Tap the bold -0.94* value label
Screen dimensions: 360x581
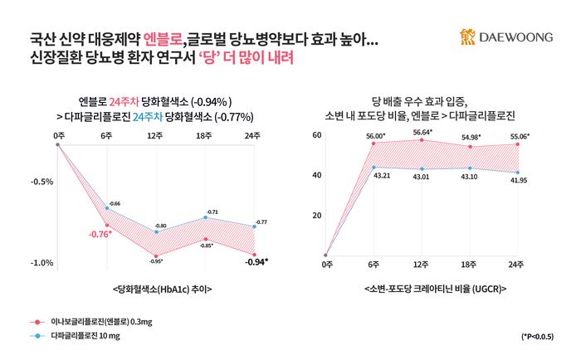click(x=255, y=263)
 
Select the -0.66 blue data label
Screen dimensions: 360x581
click(x=115, y=203)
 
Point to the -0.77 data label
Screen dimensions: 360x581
click(x=261, y=222)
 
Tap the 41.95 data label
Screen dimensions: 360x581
click(x=519, y=180)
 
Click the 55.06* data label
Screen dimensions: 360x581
click(x=519, y=134)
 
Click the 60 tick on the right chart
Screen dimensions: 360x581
click(x=316, y=134)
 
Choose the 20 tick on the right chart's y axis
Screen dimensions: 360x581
click(x=316, y=216)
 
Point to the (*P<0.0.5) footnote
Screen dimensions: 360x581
click(x=538, y=338)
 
